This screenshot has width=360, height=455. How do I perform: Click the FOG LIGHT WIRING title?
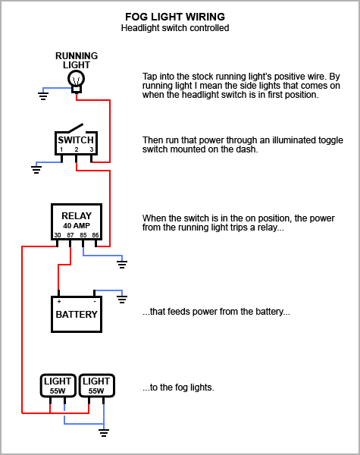[x=175, y=17]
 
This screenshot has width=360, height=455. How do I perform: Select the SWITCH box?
[x=77, y=143]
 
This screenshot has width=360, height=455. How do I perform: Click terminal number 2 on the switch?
[x=77, y=149]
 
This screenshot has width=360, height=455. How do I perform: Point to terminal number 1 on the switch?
[x=61, y=149]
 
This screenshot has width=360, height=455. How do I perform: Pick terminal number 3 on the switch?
[x=92, y=149]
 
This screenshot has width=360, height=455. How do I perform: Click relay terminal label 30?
[x=58, y=235]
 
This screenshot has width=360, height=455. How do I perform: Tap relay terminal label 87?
[x=70, y=235]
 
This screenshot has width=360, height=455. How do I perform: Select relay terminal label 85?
[x=83, y=235]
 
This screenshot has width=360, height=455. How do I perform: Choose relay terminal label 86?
[x=95, y=235]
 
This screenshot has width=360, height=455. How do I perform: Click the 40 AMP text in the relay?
[x=77, y=225]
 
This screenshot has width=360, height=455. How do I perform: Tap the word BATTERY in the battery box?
[x=77, y=315]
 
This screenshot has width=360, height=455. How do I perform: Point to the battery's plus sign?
[x=59, y=302]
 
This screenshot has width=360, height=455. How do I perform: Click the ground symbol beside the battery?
[x=122, y=300]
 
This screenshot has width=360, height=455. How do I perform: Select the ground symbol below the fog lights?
[x=104, y=433]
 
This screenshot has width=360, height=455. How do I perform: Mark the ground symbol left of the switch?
[x=36, y=170]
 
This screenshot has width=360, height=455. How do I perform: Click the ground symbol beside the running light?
[x=43, y=96]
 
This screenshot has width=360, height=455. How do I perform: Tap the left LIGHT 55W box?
[x=58, y=385]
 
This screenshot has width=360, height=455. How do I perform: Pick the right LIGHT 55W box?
[x=97, y=385]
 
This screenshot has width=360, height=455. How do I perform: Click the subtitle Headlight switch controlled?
[x=175, y=28]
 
